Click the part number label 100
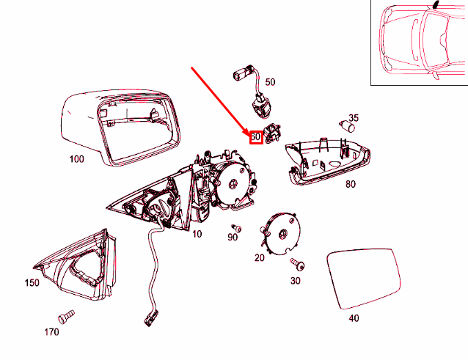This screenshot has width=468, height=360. coord(77,159)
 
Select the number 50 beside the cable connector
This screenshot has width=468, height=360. coord(270,82)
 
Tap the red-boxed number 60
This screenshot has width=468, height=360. coord(256,137)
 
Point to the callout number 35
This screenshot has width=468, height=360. coord(354,118)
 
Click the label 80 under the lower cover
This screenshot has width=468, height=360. coord(351,184)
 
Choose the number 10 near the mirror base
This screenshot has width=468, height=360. coord(197,234)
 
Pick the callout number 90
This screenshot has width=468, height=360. coord(233,237)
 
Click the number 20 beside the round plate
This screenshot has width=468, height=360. coord(260,257)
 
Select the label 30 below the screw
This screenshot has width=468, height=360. coord(295,280)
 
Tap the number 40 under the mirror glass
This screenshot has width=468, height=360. coord(354,318)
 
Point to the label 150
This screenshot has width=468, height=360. coord(32,282)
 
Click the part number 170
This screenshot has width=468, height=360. coord(51,331)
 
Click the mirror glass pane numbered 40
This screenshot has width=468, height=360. coord(364,279)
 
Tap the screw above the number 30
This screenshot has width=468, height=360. coord(298,264)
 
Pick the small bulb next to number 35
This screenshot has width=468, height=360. coord(347,126)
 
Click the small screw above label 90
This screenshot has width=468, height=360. coord(236,228)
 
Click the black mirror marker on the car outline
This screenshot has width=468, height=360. coord(436,4)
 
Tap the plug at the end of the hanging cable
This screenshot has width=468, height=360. coord(150,319)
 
